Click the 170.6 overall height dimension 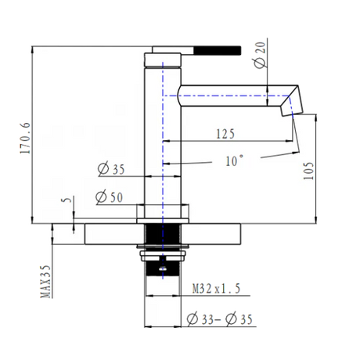pyautogui.click(x=26, y=139)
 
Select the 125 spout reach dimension pyautogui.click(x=225, y=134)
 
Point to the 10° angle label pyautogui.click(x=235, y=160)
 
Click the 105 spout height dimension pyautogui.click(x=308, y=171)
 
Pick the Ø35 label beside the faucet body pyautogui.click(x=111, y=169)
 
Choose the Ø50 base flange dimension pyautogui.click(x=109, y=197)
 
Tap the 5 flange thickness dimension pyautogui.click(x=67, y=200)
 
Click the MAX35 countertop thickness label pyautogui.click(x=45, y=282)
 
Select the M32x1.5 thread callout pyautogui.click(x=216, y=289)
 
